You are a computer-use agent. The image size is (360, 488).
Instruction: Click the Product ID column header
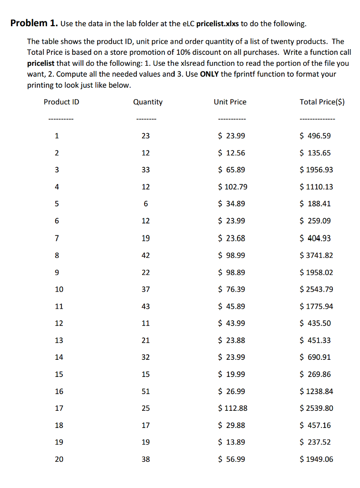click(62, 102)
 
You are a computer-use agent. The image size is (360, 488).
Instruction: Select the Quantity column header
click(148, 102)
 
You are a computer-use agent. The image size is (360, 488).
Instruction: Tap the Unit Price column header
click(230, 102)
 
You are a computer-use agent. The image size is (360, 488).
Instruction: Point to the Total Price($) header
click(322, 102)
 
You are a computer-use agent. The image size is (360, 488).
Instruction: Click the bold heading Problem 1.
click(34, 23)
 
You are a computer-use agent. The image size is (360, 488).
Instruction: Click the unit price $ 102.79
click(232, 187)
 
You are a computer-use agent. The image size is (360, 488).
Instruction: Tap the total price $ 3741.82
click(316, 255)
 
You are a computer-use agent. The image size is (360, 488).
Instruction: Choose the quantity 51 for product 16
click(146, 391)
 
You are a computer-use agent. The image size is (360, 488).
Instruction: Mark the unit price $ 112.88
click(232, 408)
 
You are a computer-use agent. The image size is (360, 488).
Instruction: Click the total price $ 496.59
click(315, 136)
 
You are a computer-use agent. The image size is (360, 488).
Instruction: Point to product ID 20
click(59, 459)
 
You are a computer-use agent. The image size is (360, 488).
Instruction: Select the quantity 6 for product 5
click(146, 204)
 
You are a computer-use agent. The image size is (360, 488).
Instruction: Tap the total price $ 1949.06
click(316, 459)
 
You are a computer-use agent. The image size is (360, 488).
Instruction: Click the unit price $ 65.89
click(231, 170)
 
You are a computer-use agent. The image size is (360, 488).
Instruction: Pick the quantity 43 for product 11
click(146, 306)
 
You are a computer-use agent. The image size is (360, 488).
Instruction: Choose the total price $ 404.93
click(315, 238)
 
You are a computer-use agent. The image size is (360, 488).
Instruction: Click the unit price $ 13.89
click(231, 442)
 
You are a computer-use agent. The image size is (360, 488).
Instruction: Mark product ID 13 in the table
click(59, 340)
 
